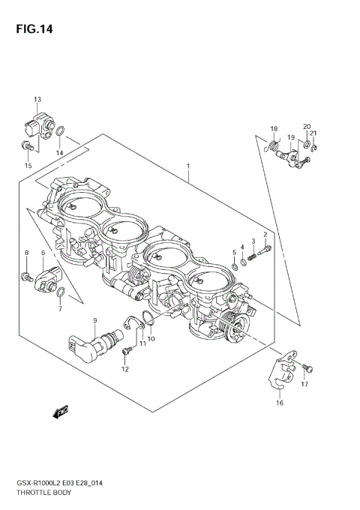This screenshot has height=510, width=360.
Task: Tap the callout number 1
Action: pyautogui.click(x=188, y=166)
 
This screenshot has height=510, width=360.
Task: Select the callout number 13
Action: pyautogui.click(x=37, y=99)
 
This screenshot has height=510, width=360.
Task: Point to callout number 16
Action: pyautogui.click(x=279, y=403)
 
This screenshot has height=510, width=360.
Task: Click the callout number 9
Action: pyautogui.click(x=94, y=321)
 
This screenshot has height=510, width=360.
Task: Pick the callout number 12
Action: pyautogui.click(x=125, y=369)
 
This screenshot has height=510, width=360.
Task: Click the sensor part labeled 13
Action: pyautogui.click(x=37, y=123)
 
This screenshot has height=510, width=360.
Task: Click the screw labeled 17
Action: pyautogui.click(x=308, y=368)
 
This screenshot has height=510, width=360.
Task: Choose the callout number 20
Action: pyautogui.click(x=307, y=127)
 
